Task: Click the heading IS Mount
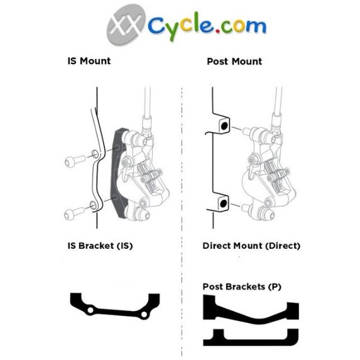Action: [89, 61]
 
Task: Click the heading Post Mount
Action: [234, 62]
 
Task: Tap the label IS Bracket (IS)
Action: [100, 246]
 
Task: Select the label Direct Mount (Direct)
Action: [251, 246]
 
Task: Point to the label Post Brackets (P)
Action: [242, 286]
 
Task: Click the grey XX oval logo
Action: [126, 25]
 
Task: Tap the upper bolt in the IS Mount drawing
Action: [75, 160]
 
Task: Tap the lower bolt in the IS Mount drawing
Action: [74, 213]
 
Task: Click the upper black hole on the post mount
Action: [224, 126]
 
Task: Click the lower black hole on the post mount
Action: [223, 203]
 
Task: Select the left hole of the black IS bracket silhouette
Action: [90, 310]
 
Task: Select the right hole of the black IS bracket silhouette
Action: [144, 314]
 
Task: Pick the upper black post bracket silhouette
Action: [251, 310]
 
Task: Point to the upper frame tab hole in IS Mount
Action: [95, 154]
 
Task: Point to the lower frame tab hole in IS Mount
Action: [93, 205]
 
